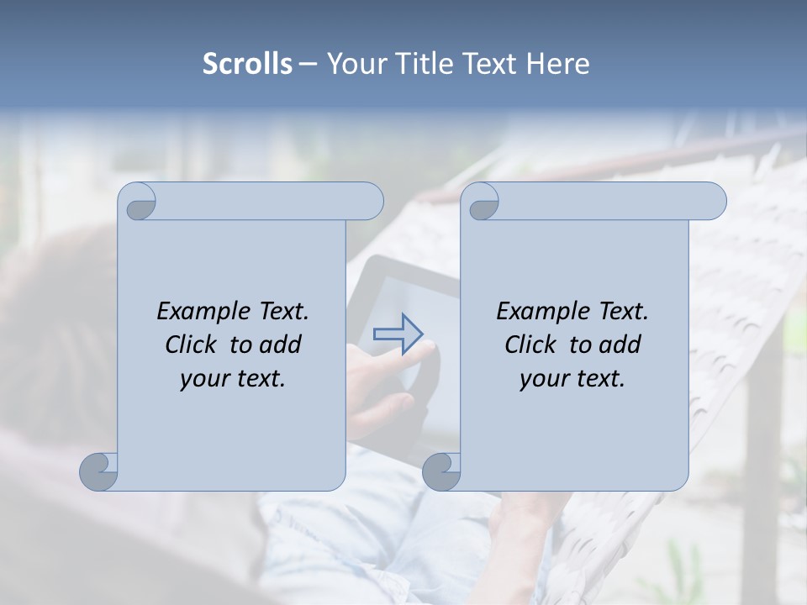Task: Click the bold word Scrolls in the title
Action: (x=248, y=64)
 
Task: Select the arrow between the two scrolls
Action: (x=398, y=334)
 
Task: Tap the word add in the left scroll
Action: (x=280, y=345)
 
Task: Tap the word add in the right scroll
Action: (x=620, y=345)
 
